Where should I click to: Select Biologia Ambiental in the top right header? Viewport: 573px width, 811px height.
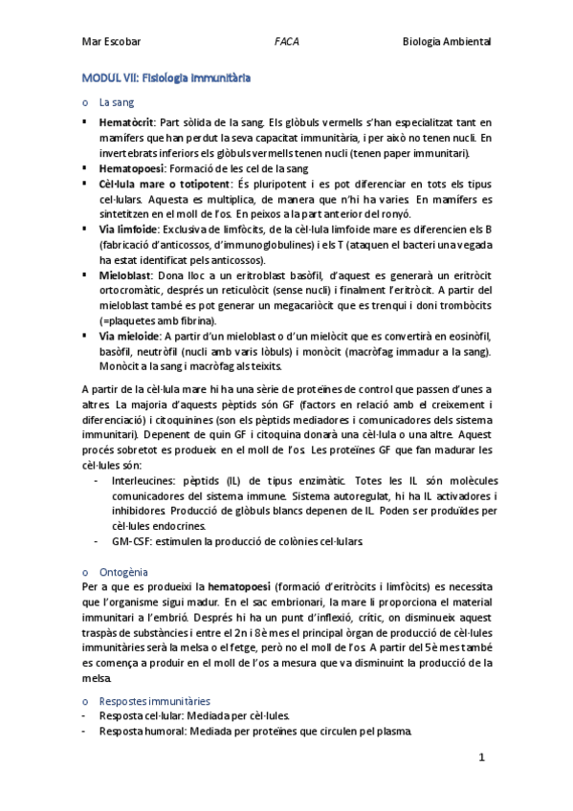click(448, 42)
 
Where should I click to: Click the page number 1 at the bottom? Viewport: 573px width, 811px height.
click(483, 757)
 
